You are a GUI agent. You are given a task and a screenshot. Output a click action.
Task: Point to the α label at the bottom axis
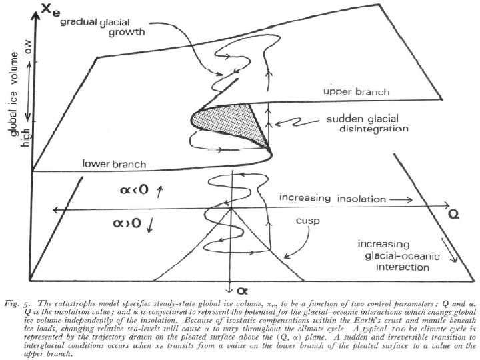point(233,290)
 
